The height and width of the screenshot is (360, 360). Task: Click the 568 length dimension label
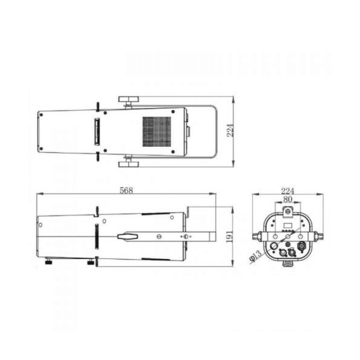click(126, 190)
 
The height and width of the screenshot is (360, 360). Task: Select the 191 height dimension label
click(229, 237)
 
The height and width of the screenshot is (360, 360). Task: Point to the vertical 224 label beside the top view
click(230, 130)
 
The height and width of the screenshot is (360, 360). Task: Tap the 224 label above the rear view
click(287, 191)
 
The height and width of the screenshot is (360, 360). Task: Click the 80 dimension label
click(287, 199)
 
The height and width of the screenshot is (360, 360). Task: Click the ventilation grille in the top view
click(157, 132)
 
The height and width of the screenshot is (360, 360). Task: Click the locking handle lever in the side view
click(127, 237)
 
